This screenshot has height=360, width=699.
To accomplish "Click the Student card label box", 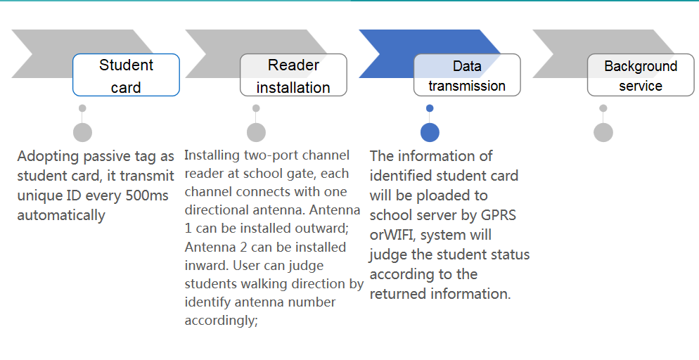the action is [126, 75].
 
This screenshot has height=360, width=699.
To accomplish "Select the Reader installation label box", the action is [293, 75].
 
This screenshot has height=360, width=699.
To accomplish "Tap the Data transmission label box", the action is [467, 75].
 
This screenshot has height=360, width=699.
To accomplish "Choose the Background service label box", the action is [641, 75].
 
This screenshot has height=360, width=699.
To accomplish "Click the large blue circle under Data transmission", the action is [430, 133].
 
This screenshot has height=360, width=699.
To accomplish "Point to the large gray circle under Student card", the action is [82, 133].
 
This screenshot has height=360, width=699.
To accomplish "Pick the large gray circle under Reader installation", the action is [256, 133].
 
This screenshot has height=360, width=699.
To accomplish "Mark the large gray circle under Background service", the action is [603, 133].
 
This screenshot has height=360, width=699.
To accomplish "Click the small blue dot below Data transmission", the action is [430, 108].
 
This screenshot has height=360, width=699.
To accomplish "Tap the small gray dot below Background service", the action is [603, 108].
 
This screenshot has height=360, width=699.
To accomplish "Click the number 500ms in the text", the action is [147, 195].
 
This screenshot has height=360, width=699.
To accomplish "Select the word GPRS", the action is [498, 215].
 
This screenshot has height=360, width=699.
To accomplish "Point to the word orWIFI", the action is [392, 235].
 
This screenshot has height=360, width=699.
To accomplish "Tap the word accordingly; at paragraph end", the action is [221, 321].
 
